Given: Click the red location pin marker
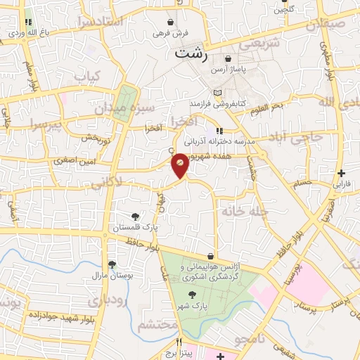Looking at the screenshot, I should coord(180,165).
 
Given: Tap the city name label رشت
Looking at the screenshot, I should coord(192,53).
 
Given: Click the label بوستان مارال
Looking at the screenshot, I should coord(112,275).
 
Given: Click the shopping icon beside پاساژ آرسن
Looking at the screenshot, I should coord(228,60).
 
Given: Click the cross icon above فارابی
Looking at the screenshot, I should coord(341,173).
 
